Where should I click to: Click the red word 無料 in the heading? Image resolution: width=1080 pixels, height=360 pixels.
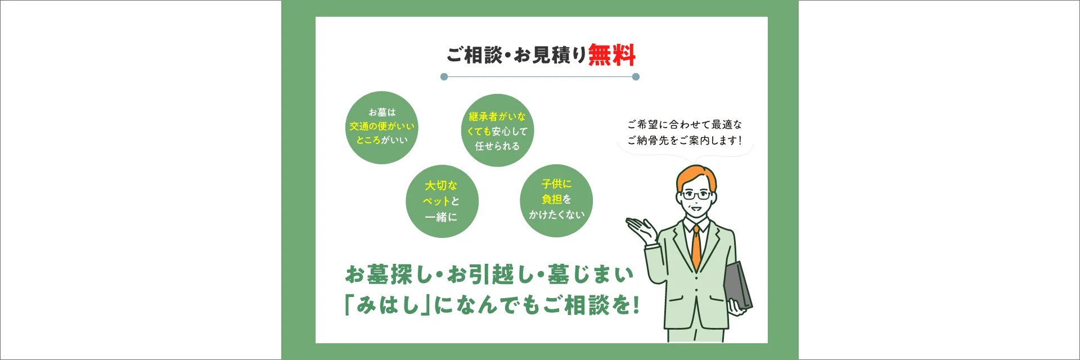coord(612,55)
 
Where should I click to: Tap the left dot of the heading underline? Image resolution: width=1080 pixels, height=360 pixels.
coord(444,76)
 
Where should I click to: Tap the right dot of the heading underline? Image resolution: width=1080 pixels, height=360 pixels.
coord(636,76)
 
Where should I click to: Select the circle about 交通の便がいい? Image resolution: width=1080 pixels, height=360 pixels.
coord(382,128)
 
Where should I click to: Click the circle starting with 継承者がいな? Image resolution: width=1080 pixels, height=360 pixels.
coord(497,130)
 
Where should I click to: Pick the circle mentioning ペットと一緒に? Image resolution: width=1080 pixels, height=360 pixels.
coord(442,201)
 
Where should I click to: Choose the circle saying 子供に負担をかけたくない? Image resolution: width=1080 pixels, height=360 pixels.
coord(556,201)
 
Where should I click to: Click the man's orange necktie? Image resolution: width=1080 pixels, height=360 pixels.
coord(696,247)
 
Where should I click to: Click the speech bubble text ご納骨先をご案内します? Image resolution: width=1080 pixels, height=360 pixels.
coord(685,141)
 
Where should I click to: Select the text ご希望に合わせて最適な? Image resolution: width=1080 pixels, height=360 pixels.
coord(685,124)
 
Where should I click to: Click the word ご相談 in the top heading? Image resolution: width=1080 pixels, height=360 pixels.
coord(474,55)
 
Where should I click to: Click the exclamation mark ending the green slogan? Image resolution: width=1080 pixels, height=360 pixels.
coord(636,305)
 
